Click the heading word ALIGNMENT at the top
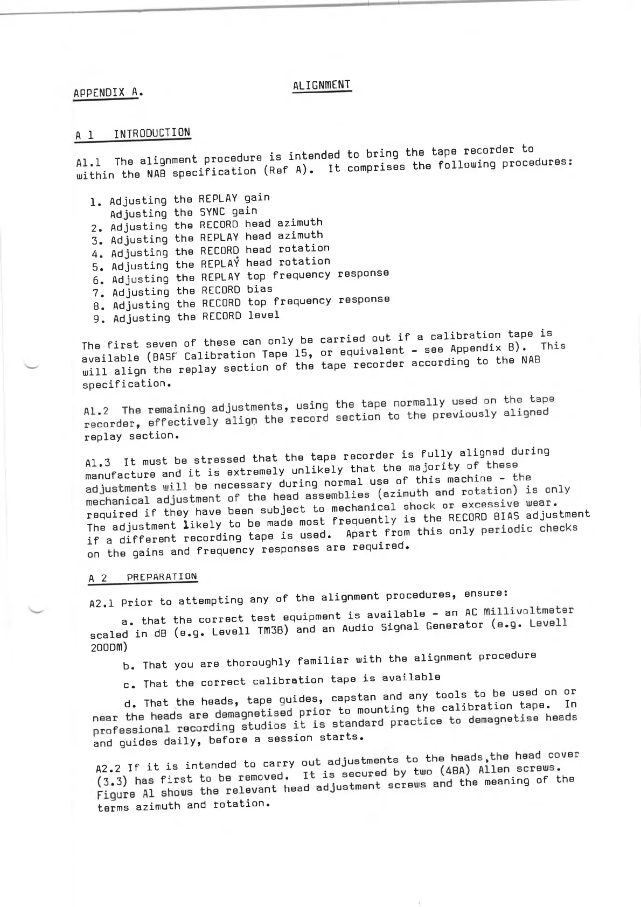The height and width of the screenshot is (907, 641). pos(322,86)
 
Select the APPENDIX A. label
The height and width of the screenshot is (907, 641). pos(108,93)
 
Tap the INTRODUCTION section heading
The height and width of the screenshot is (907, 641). pos(152,133)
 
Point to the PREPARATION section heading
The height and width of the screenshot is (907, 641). pos(162,577)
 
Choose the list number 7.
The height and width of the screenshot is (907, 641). pos(97,293)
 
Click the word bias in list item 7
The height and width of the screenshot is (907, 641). pos(260,289)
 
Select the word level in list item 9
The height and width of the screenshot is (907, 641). pos(263,315)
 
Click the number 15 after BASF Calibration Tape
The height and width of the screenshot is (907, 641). pos(295,353)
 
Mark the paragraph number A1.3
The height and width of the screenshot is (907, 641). pos(97,463)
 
